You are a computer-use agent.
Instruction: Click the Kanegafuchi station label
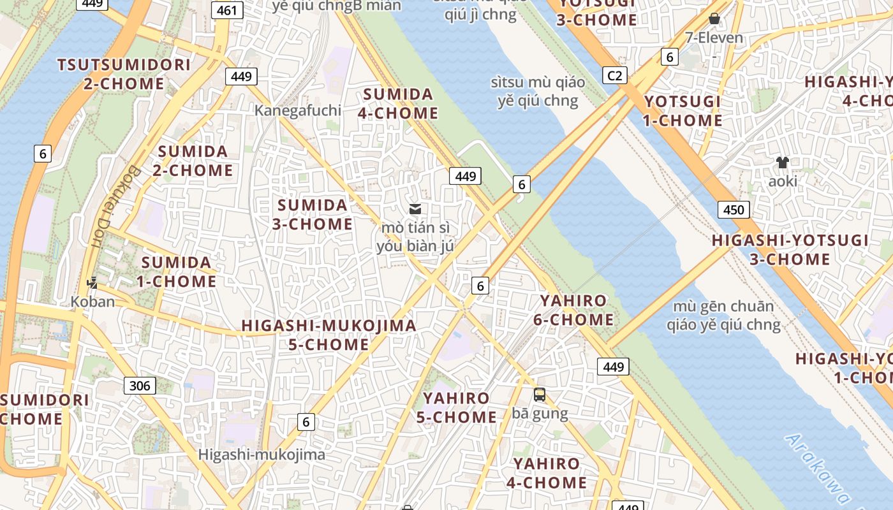(x=298, y=110)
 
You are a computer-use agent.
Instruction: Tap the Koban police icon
(x=92, y=282)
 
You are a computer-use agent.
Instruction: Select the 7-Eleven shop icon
(x=714, y=18)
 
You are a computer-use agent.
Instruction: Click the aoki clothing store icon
(x=783, y=163)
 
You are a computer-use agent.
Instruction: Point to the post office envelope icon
(x=415, y=209)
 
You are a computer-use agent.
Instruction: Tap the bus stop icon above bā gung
(x=540, y=395)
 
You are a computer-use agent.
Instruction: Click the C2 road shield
(x=614, y=76)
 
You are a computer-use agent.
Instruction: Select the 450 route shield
(x=733, y=209)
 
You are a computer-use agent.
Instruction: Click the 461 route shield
(x=226, y=11)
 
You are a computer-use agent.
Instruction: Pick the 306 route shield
(x=139, y=385)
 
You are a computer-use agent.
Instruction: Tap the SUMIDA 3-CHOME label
(x=313, y=215)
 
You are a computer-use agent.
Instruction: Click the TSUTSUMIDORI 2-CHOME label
(x=124, y=74)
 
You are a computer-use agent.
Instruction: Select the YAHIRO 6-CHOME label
(x=573, y=310)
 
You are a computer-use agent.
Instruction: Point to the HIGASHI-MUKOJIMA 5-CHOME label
(x=328, y=335)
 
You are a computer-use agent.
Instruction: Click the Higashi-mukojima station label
(x=262, y=455)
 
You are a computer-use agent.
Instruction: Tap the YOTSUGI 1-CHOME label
(x=683, y=111)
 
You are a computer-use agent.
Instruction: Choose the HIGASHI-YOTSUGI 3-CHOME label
(x=790, y=249)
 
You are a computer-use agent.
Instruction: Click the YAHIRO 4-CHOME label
(x=547, y=473)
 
